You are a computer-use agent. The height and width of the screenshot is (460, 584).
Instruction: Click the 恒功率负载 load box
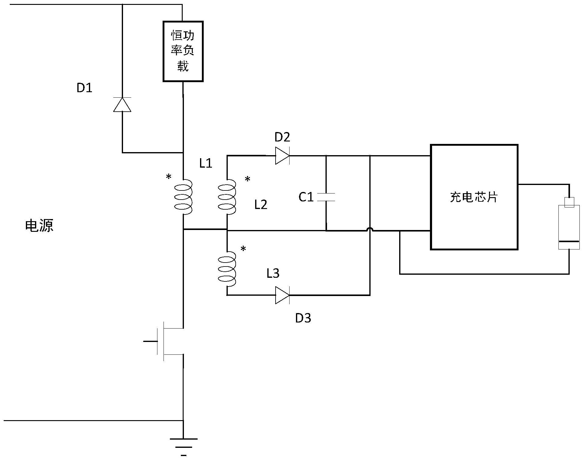click(183, 51)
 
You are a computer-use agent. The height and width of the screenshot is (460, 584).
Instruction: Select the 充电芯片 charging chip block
click(474, 197)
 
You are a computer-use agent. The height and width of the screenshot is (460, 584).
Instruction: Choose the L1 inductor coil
click(183, 197)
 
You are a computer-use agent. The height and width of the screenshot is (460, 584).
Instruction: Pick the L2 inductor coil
click(227, 197)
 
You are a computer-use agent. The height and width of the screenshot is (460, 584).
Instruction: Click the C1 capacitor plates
click(326, 197)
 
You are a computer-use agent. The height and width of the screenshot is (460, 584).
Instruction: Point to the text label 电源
click(39, 226)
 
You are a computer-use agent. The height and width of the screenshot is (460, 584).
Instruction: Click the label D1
click(84, 88)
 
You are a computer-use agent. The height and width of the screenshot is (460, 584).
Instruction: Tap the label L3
click(273, 274)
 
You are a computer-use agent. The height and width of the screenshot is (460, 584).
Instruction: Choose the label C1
click(306, 197)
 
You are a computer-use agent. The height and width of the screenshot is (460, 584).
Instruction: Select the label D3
click(303, 318)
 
